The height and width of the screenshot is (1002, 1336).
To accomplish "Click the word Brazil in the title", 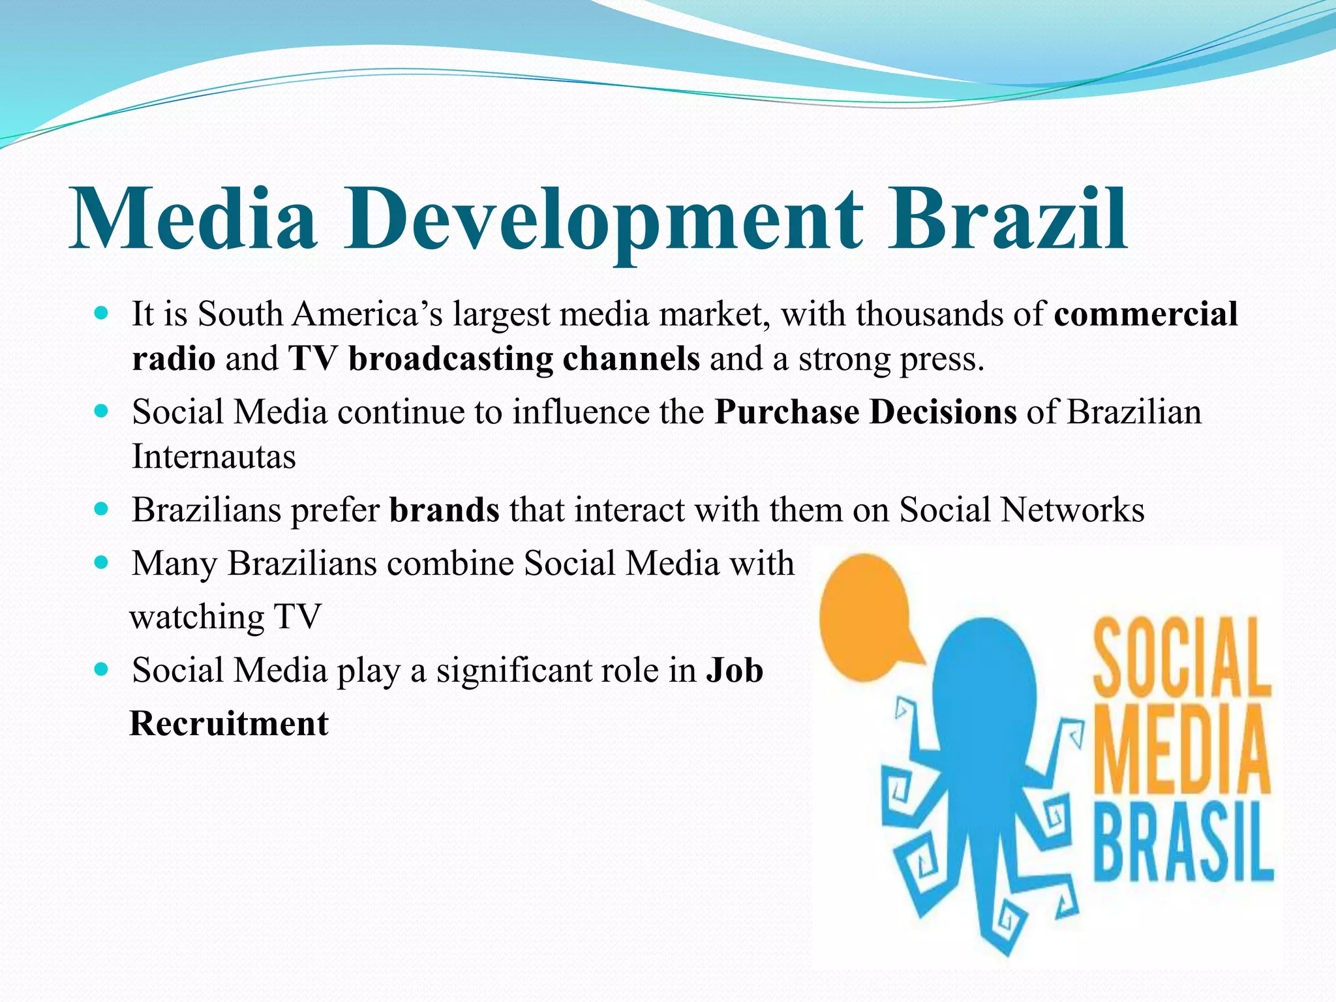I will click(x=1008, y=219).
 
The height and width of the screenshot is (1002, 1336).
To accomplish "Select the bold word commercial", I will click(x=1146, y=314).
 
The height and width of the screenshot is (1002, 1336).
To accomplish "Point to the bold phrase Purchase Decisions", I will click(x=865, y=412).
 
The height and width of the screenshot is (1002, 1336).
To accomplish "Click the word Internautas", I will click(x=213, y=457).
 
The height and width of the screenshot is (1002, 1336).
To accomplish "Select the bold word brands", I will click(x=444, y=510).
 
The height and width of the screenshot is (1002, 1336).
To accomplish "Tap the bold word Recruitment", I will click(x=229, y=724).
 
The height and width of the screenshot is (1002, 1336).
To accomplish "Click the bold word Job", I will click(x=735, y=671).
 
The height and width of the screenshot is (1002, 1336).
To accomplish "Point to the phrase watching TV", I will click(x=226, y=617).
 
